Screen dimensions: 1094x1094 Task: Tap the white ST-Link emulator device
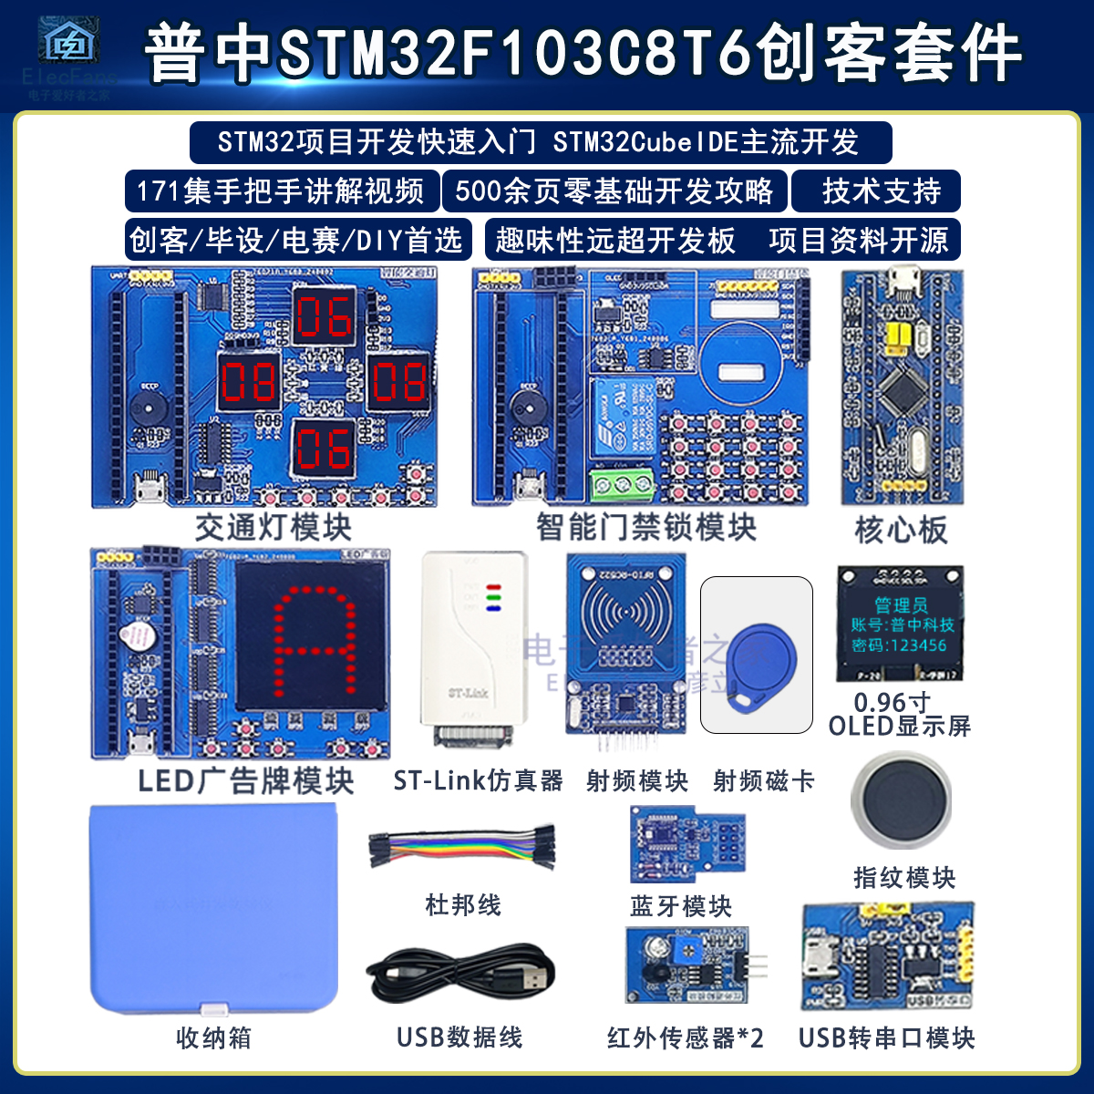(472, 647)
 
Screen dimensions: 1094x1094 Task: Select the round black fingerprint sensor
(901, 800)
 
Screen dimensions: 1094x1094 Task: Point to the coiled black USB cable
(460, 974)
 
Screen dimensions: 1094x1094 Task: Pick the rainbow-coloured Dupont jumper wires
(462, 848)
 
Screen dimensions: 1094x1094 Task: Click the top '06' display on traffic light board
(323, 315)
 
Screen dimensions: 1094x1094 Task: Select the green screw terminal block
(624, 484)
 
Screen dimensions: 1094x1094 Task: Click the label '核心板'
(901, 530)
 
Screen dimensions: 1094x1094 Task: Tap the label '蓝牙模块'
(681, 906)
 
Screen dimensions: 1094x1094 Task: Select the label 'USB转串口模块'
(886, 1037)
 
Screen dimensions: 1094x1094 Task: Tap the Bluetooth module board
(688, 844)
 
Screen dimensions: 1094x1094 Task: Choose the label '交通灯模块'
(273, 527)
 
